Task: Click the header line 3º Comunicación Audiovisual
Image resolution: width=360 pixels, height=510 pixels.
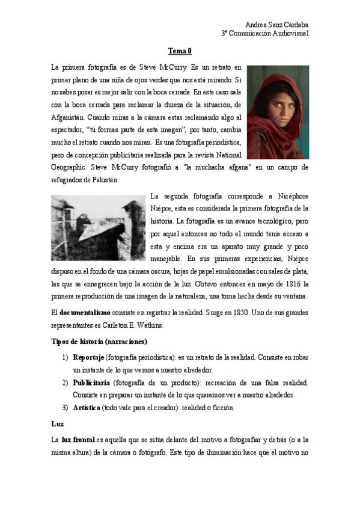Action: pos(265,34)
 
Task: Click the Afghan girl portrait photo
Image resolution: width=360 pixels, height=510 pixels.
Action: pos(278,112)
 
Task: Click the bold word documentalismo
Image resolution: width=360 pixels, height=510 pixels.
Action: pos(84,313)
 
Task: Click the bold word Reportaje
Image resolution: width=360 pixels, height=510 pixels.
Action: pos(88,358)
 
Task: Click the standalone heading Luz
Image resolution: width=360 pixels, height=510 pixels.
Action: pos(57,424)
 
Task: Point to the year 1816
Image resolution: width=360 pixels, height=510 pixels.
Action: pos(296,284)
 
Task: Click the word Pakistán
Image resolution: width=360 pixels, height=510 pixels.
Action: pos(105,179)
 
